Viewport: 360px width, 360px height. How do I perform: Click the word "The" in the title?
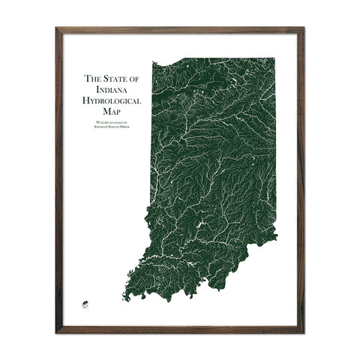point(92,77)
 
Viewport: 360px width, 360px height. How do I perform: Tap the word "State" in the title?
point(115,77)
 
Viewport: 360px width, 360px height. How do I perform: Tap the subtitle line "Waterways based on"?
point(115,122)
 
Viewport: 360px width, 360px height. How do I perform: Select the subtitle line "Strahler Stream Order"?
point(115,127)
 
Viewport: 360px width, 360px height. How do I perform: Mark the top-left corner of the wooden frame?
point(57,28)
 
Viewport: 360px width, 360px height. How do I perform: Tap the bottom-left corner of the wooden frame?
point(57,331)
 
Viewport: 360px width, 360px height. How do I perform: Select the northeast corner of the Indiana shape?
point(274,57)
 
